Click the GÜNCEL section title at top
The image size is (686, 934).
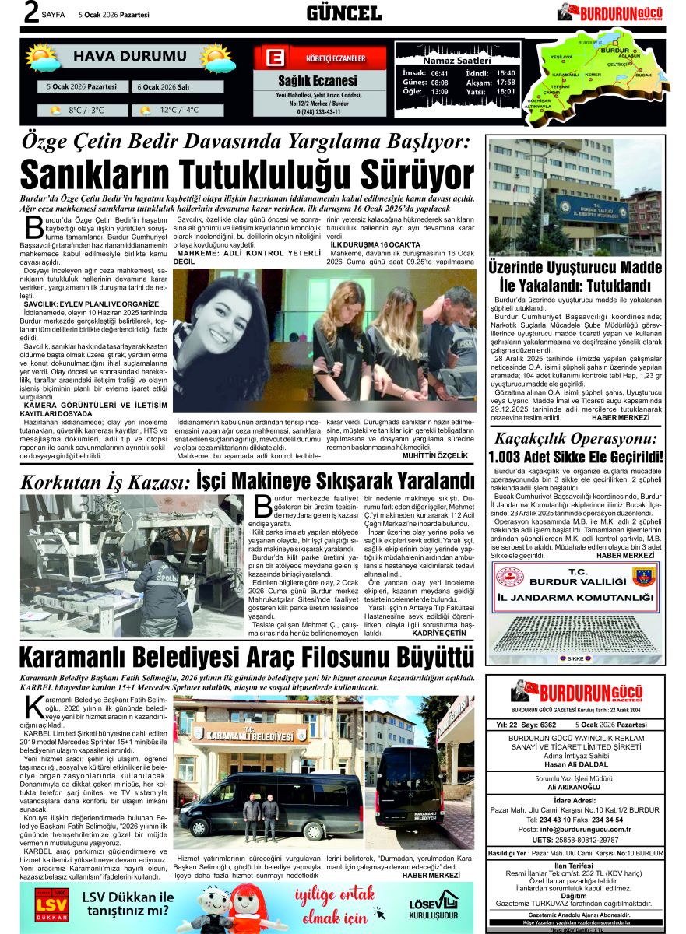[x=343, y=13]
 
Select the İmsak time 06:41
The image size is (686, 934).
[x=439, y=72]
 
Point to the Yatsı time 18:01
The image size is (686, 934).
[x=505, y=91]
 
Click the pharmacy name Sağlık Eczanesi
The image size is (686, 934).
[x=318, y=81]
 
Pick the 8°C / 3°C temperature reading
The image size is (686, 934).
[x=86, y=111]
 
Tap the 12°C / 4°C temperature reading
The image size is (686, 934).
[x=180, y=111]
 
